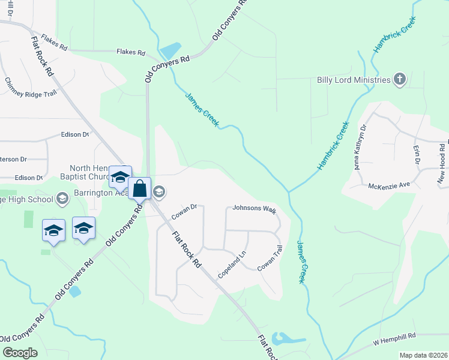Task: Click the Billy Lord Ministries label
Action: [x=354, y=80]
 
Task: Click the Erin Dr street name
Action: [x=415, y=155]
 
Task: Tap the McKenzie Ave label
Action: [x=389, y=185]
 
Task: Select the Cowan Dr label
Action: [x=184, y=211]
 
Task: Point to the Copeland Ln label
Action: [x=232, y=263]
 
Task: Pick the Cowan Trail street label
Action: [x=270, y=258]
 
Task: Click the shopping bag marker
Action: [x=139, y=188]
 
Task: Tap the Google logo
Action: [x=20, y=352]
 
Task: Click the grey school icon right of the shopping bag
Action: [x=159, y=193]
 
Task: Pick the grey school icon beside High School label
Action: [x=62, y=199]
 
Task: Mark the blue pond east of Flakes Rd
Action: [x=170, y=50]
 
